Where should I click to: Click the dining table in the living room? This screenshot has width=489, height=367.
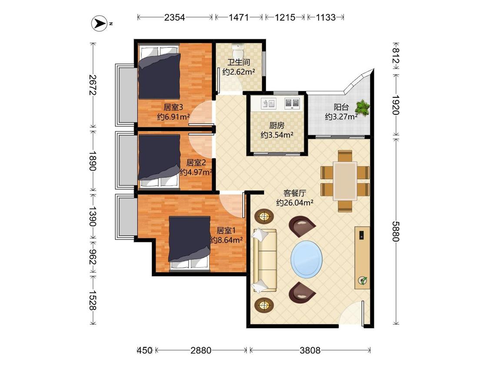[345, 181]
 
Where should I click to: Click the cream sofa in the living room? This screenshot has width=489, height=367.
[265, 260]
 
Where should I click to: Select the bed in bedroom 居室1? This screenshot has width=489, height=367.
[190, 243]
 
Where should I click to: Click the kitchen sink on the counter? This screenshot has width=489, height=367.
[268, 103]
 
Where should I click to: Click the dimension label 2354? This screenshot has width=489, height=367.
[175, 17]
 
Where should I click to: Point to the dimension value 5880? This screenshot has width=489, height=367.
[396, 231]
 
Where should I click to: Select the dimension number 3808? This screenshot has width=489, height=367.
[310, 350]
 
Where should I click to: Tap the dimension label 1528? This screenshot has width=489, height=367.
[92, 300]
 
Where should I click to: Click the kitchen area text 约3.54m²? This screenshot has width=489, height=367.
[277, 135]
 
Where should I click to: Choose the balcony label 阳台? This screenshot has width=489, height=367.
[341, 107]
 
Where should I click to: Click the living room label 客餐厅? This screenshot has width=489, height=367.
[295, 193]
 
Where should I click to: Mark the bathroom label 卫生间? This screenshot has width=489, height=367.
[239, 62]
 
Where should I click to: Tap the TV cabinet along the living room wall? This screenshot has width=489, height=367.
[362, 258]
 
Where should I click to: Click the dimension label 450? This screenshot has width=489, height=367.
[145, 350]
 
